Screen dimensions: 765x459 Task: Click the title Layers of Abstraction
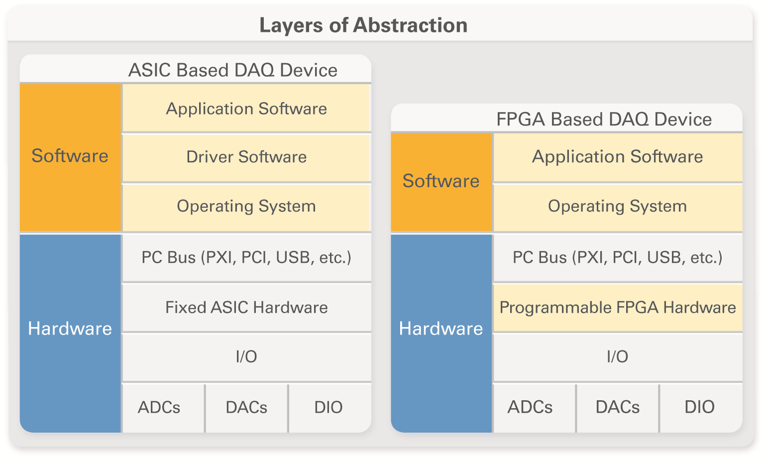point(363,25)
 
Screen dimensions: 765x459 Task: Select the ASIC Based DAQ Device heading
point(233,70)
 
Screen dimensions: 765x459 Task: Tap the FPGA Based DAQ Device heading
point(604,119)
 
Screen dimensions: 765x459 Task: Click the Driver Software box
point(246,158)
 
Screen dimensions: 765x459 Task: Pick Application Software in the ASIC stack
point(246,108)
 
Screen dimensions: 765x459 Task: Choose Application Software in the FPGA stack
point(618,157)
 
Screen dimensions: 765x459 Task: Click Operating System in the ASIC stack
point(246,208)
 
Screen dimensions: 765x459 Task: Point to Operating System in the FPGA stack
point(618,208)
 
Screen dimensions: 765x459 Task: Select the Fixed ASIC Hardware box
point(246,307)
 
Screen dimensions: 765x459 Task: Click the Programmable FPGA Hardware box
point(618,307)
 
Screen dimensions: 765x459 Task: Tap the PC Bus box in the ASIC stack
point(246,257)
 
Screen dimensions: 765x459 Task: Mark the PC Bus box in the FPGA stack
point(618,257)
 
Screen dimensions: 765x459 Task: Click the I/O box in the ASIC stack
point(246,357)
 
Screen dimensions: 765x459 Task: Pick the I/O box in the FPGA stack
point(618,357)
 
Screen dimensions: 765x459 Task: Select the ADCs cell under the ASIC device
point(163,408)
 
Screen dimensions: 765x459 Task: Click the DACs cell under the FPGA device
point(618,408)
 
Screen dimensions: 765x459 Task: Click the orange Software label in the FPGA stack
point(441,182)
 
